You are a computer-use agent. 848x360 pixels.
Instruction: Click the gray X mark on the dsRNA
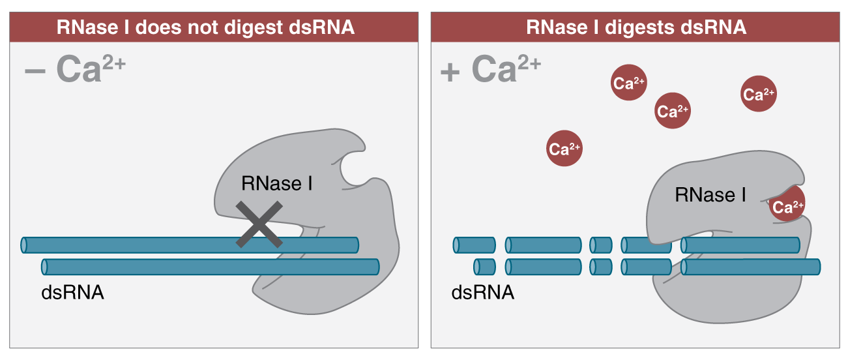point(259,224)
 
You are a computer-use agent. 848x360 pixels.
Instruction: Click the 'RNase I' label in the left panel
point(276,184)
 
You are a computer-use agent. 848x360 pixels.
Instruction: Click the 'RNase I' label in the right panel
point(710,194)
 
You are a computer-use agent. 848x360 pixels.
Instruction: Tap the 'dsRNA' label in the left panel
point(72,292)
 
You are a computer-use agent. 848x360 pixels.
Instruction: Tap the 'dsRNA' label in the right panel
point(483,292)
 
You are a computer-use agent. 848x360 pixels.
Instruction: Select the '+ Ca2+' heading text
point(490,69)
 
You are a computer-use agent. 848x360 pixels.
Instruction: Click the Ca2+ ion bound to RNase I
point(787,207)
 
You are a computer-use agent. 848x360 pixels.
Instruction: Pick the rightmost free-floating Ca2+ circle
point(759,95)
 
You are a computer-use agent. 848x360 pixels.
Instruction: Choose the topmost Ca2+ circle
point(629,82)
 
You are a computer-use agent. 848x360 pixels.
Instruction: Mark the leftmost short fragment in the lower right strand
point(485,266)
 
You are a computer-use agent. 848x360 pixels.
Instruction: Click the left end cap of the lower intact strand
point(44,266)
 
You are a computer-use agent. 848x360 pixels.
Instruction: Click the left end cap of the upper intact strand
point(24,245)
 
